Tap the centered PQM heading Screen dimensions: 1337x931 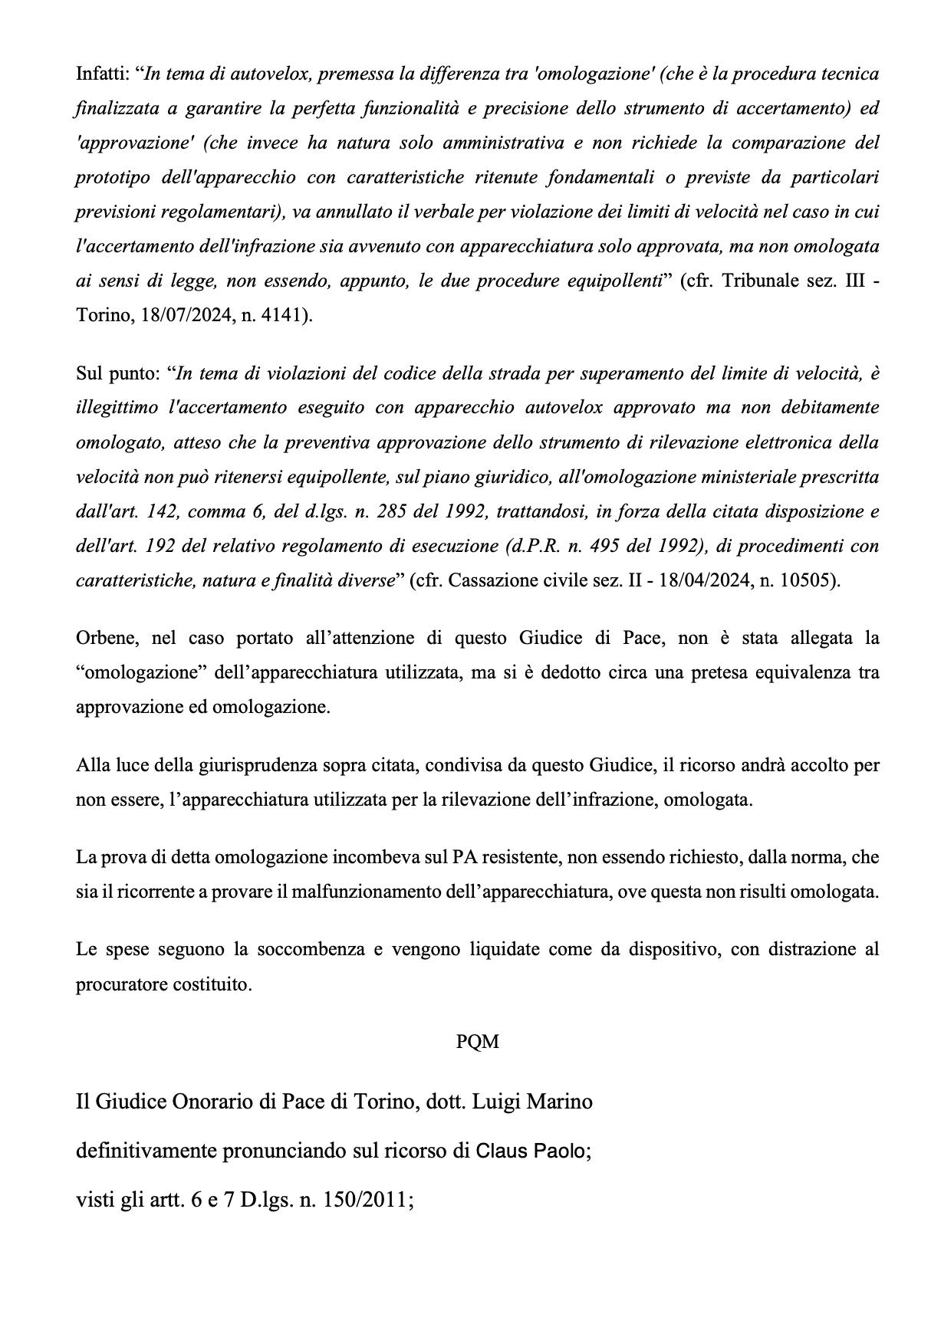coord(477,1042)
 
